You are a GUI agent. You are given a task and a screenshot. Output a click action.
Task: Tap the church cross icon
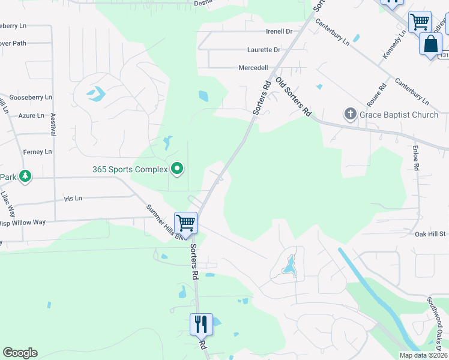[350, 113]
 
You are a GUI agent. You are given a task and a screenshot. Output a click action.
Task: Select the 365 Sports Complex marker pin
[176, 169]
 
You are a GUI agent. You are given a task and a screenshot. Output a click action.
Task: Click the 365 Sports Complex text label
[130, 169]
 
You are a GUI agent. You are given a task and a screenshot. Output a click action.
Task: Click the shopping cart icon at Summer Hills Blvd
[186, 223]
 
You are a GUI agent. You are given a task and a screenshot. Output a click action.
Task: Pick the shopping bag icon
[430, 44]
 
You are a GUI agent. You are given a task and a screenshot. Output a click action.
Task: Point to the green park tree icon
[25, 176]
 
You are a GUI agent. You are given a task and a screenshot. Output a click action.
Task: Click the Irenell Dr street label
[279, 31]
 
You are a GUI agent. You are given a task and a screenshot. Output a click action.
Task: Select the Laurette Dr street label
[264, 50]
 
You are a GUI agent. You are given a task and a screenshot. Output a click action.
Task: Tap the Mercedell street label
[253, 68]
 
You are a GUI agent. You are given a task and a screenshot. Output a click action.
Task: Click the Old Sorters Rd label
[294, 96]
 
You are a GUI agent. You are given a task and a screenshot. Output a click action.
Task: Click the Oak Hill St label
[430, 234]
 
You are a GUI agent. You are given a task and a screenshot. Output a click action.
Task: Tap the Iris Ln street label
[73, 197]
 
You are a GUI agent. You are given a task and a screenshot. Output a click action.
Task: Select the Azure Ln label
[31, 115]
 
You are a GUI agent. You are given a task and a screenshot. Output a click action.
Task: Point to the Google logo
[20, 353]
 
